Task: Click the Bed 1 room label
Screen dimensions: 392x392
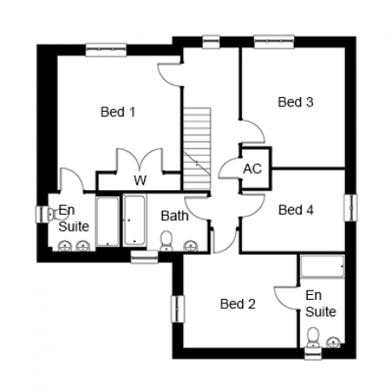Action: tap(118, 112)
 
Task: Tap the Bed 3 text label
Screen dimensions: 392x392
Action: tap(296, 102)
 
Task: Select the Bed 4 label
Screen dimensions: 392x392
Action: tap(296, 210)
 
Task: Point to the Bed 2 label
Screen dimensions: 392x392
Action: tap(238, 304)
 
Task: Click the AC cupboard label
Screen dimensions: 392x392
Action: tap(252, 169)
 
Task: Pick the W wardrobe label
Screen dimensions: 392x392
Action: tap(141, 180)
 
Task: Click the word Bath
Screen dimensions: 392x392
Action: tap(175, 216)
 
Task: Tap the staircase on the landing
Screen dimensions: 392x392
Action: tap(197, 148)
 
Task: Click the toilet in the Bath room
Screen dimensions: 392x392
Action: tap(166, 241)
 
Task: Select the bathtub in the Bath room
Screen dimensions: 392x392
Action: tap(135, 221)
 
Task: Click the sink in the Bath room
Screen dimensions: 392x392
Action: tap(190, 246)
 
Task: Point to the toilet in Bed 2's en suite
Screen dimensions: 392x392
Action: tap(314, 337)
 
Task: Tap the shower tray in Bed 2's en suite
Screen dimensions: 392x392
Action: tap(323, 266)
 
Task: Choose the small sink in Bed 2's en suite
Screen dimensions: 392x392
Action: tap(333, 342)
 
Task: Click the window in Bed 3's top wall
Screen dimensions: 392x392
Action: tap(274, 42)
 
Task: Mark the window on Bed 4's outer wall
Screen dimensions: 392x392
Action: tap(351, 208)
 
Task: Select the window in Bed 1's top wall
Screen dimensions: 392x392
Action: tap(106, 49)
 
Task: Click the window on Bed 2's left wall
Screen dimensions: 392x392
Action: tap(178, 309)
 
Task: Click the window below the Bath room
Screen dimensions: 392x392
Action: tap(144, 257)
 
